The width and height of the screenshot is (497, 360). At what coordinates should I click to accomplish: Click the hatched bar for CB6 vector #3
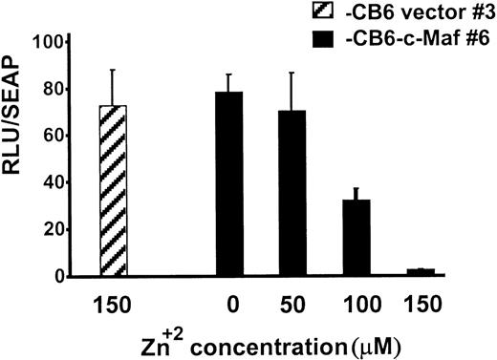pyautogui.click(x=113, y=191)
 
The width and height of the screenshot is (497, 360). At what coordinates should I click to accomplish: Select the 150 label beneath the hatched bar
pyautogui.click(x=113, y=299)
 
